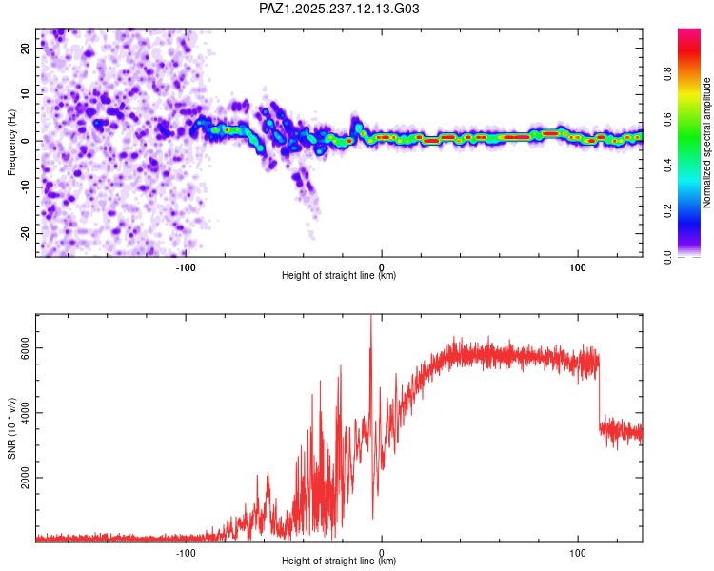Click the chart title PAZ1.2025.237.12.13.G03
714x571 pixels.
pyautogui.click(x=339, y=9)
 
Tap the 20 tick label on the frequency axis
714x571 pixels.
pyautogui.click(x=25, y=49)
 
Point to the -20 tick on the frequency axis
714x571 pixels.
pyautogui.click(x=25, y=233)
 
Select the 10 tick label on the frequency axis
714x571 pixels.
pyautogui.click(x=25, y=94)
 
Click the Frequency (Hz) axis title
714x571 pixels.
pyautogui.click(x=11, y=143)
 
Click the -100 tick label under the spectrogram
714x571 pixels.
pyautogui.click(x=186, y=267)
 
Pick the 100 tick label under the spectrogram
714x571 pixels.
pyautogui.click(x=578, y=267)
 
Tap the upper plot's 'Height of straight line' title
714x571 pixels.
pyautogui.click(x=339, y=275)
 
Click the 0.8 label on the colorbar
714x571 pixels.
pyautogui.click(x=667, y=73)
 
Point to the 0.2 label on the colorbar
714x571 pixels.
pyautogui.click(x=667, y=211)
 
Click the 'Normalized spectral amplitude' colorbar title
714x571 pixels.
pyautogui.click(x=706, y=143)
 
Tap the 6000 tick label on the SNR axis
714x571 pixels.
pyautogui.click(x=25, y=348)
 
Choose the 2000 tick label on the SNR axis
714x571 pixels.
pyautogui.click(x=25, y=478)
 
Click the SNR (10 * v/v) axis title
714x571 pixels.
pyautogui.click(x=11, y=428)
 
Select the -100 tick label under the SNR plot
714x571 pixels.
pyautogui.click(x=186, y=553)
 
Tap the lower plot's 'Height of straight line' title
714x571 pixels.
pyautogui.click(x=339, y=561)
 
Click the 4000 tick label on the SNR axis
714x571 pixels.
pyautogui.click(x=25, y=412)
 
